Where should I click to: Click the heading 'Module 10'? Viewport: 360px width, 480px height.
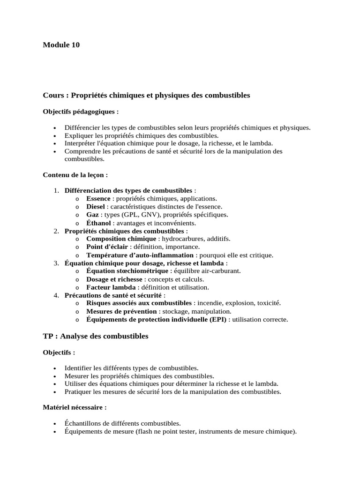(61, 45)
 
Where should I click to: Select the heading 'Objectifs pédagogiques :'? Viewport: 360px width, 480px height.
(81, 112)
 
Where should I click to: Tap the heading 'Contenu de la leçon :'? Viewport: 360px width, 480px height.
(75, 175)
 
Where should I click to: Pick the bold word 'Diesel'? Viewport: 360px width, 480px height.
(96, 207)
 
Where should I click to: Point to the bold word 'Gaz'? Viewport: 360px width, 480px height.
(92, 215)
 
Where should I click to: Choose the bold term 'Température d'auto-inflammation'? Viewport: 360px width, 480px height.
(140, 255)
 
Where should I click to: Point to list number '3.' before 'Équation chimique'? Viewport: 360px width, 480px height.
(56, 263)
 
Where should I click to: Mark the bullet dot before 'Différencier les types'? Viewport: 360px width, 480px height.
(55, 128)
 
